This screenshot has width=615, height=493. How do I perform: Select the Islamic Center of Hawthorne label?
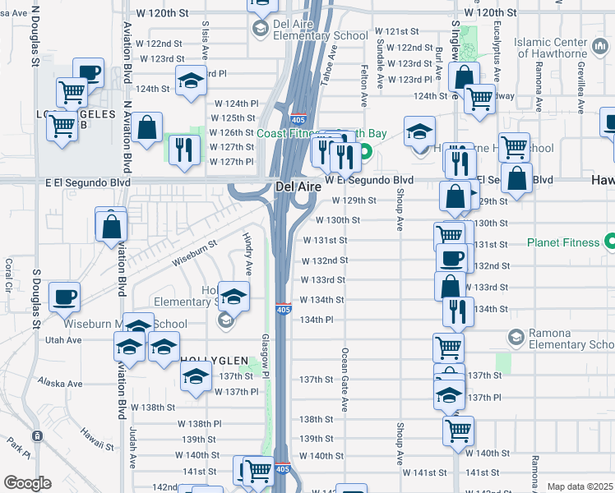pos(563,47)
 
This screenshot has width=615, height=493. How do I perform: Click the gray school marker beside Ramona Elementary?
pos(516,337)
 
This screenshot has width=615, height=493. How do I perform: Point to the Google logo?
pos(26,483)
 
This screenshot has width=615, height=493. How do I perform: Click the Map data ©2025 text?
pos(580,486)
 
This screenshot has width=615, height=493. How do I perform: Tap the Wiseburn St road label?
pos(194,253)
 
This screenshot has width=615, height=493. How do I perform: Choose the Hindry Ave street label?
pos(247,253)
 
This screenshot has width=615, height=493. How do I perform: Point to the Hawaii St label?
pos(96,440)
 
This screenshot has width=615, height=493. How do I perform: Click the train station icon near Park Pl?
pos(36,435)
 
